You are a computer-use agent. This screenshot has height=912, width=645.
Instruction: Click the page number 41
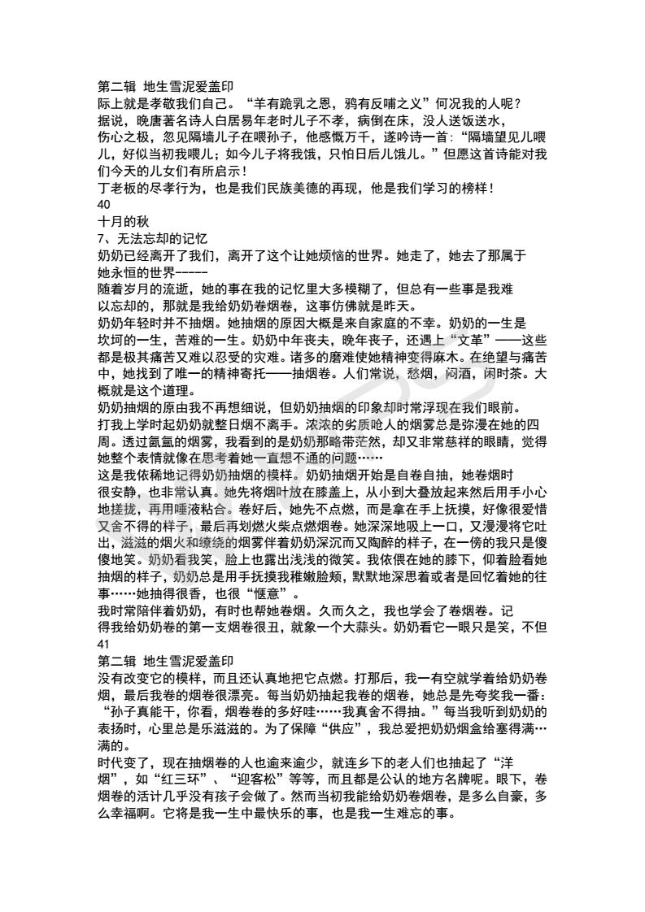coord(102,646)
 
